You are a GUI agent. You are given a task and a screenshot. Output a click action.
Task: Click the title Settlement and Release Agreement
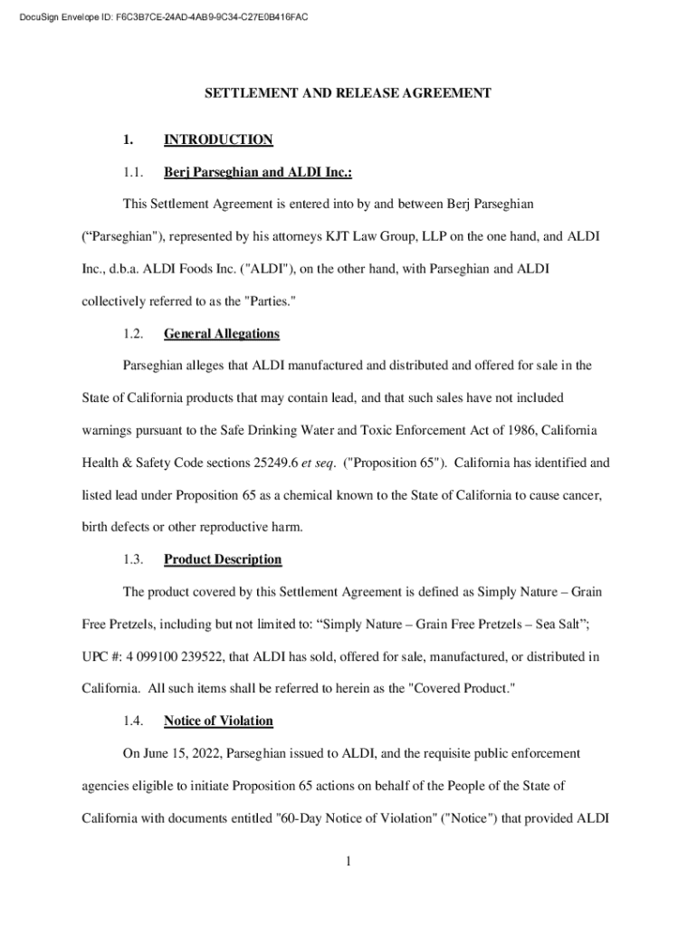point(348,93)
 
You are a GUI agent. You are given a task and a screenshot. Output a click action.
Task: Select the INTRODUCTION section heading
point(218,139)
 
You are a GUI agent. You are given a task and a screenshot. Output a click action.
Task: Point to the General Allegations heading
point(221,334)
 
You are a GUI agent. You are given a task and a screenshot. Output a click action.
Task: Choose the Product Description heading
point(223,559)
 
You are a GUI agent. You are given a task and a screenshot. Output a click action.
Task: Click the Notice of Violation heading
point(218,721)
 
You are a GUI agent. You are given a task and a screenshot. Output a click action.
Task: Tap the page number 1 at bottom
point(348,861)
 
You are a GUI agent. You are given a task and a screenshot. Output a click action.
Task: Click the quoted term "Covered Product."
point(463,688)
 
